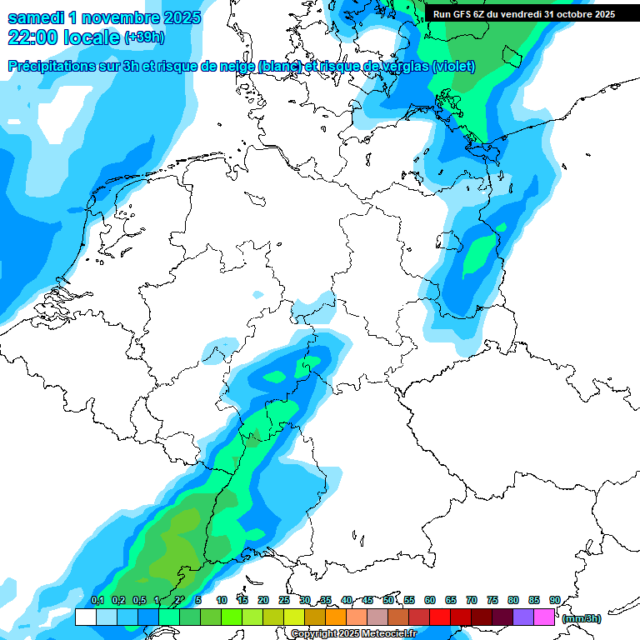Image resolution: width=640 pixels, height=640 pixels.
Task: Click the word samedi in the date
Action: [x=39, y=17]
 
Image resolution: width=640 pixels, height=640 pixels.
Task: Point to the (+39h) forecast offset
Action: [x=144, y=38]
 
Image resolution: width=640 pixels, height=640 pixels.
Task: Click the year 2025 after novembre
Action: [x=176, y=17]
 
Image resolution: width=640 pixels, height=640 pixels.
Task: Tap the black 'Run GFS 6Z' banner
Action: [x=523, y=13]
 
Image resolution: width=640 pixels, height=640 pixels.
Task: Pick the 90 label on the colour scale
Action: [x=554, y=600]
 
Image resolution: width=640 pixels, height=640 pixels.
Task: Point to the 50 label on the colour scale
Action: [x=388, y=600]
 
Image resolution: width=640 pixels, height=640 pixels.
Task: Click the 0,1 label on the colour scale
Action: [x=97, y=600]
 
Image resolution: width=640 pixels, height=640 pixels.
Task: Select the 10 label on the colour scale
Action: [x=222, y=600]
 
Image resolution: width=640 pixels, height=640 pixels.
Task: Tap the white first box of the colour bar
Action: [x=85, y=617]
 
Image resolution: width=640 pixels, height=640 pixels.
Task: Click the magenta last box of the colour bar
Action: [x=544, y=617]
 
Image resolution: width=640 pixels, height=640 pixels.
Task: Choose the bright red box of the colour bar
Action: [x=440, y=617]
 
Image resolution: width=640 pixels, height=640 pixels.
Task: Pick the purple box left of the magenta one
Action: [x=523, y=617]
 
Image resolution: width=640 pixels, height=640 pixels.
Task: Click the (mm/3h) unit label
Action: [x=581, y=618]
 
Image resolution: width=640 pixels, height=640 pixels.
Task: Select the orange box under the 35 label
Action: [x=336, y=617]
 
